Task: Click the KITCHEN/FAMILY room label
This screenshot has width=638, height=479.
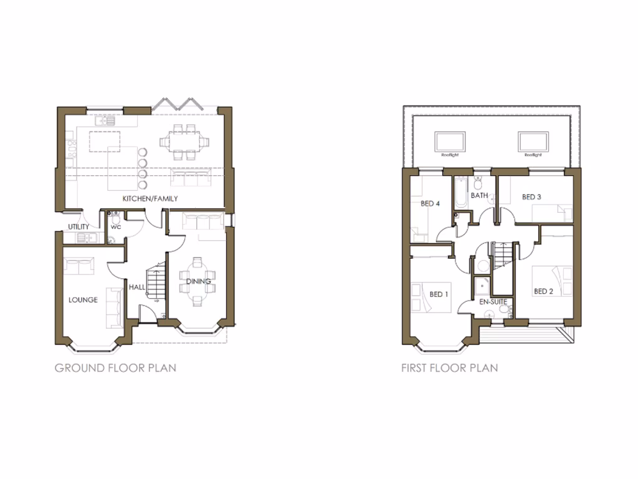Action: pyautogui.click(x=150, y=198)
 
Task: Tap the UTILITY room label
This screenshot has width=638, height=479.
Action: pyautogui.click(x=79, y=226)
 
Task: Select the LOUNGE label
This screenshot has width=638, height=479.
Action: pyautogui.click(x=83, y=300)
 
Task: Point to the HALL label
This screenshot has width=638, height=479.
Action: pyautogui.click(x=137, y=288)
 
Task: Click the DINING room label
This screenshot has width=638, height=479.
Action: pyautogui.click(x=199, y=282)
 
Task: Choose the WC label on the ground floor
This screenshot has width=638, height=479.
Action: pyautogui.click(x=115, y=227)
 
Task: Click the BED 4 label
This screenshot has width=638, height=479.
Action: pyautogui.click(x=431, y=203)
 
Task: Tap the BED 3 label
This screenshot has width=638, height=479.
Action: pyautogui.click(x=531, y=197)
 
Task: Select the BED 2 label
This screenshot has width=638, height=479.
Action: pyautogui.click(x=543, y=291)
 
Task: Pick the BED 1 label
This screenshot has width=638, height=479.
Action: pyautogui.click(x=439, y=294)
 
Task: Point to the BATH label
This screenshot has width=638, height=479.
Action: pyautogui.click(x=479, y=195)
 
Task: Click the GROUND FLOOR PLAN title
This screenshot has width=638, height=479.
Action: pyautogui.click(x=115, y=367)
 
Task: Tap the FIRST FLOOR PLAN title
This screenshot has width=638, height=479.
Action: pyautogui.click(x=450, y=367)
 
